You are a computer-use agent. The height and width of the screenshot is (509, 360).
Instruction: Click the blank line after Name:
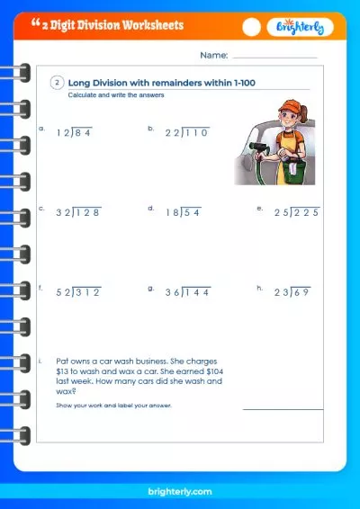(274, 58)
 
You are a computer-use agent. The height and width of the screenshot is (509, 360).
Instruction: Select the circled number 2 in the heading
(57, 83)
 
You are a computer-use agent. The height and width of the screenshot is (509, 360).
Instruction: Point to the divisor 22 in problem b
(173, 132)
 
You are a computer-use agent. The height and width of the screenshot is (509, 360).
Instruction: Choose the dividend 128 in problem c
(88, 212)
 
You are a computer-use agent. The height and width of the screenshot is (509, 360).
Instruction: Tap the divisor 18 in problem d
(172, 212)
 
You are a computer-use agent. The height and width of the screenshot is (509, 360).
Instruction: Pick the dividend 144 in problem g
(196, 292)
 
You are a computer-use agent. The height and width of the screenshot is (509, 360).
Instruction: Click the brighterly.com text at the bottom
(180, 493)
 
